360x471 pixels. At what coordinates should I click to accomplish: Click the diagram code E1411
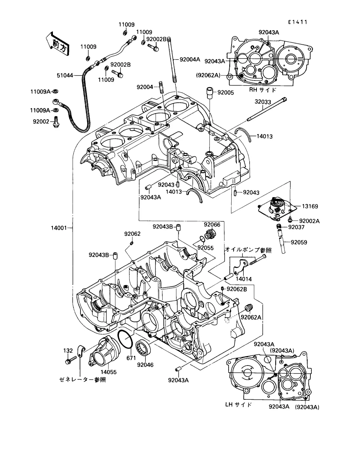[x=298, y=22]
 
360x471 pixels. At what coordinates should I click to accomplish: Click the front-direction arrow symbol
[x=57, y=42]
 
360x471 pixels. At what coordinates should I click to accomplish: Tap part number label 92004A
[x=190, y=59]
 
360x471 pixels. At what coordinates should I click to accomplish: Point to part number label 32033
[x=263, y=102]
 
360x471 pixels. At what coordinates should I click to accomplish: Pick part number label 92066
[x=212, y=225]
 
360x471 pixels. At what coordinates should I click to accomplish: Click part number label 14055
[x=108, y=372]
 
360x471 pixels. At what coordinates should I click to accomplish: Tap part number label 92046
[x=145, y=365]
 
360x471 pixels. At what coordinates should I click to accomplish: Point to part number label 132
[x=68, y=351]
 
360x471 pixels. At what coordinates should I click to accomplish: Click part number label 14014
[x=244, y=279]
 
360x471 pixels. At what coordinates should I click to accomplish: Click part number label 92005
[x=225, y=93]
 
